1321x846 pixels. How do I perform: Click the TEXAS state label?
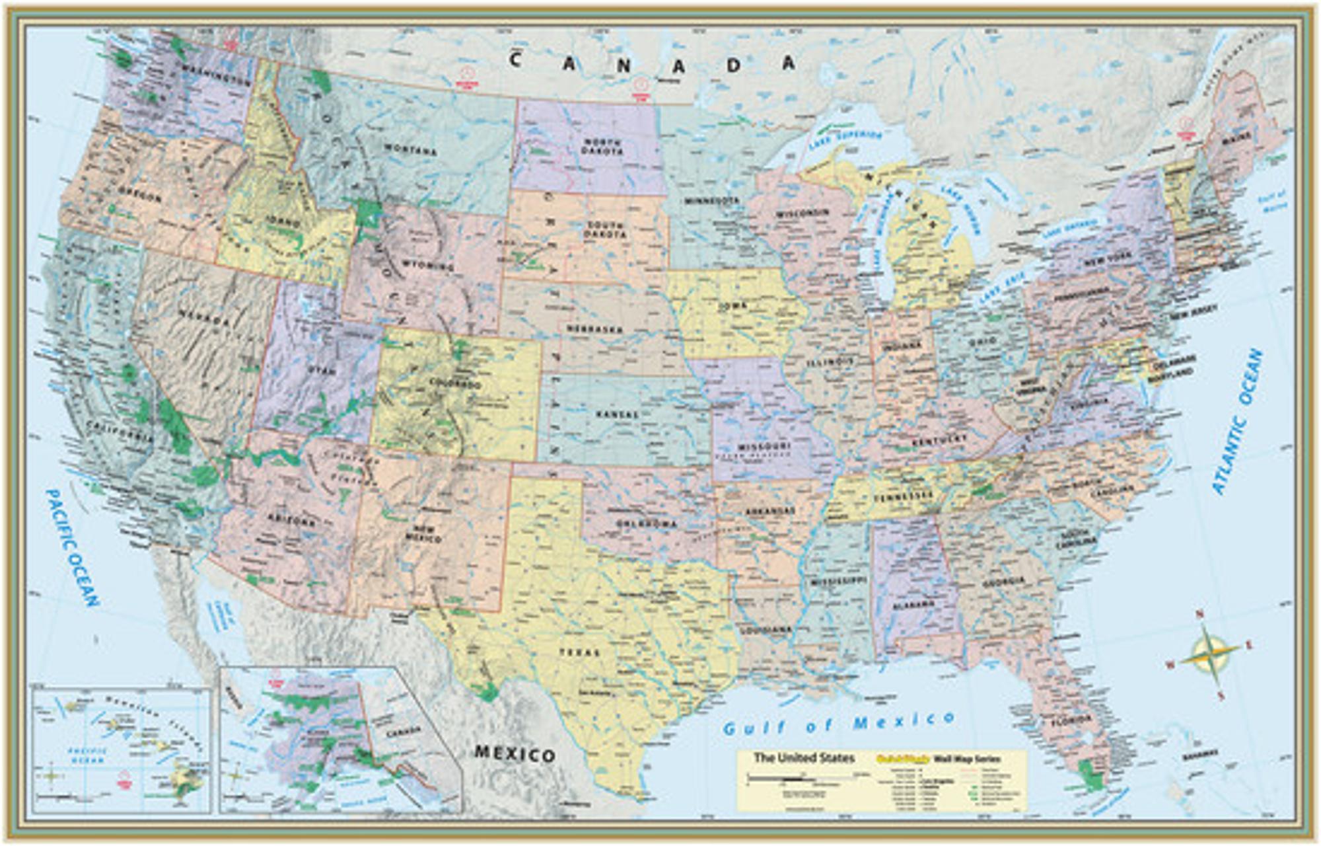580,652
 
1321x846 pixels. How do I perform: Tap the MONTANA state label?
411,150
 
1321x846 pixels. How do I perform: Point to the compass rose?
1210,655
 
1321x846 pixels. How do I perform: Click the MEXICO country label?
515,754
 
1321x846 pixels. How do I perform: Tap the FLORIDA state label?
1071,719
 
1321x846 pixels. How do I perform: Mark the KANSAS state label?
618,414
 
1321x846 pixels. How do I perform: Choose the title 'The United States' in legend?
804,758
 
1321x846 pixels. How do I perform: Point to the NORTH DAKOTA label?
602,147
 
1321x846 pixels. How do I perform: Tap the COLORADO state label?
455,383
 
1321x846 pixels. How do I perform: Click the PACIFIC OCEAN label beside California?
73,547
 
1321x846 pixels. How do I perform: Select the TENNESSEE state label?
902,496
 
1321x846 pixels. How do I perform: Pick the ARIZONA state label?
291,520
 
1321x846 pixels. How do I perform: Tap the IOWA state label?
733,306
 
